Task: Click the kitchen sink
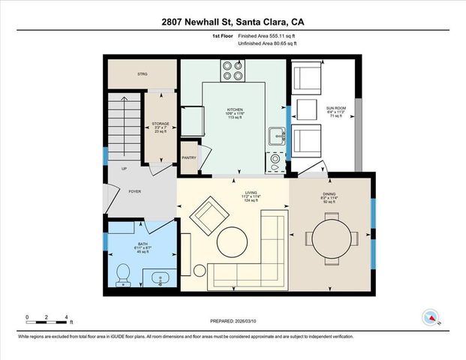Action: pos(276,136)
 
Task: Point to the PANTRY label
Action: pos(189,157)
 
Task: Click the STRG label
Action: pos(142,73)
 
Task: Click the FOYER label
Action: pos(134,191)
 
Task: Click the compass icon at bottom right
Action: pos(431,317)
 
